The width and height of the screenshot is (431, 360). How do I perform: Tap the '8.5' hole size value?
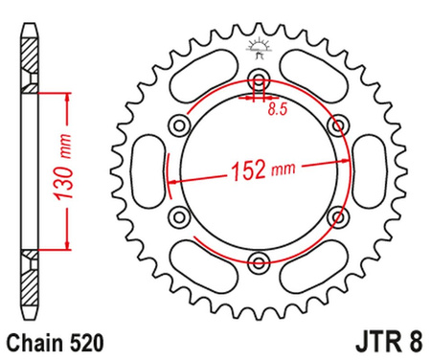276,111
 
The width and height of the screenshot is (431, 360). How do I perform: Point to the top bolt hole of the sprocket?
258,79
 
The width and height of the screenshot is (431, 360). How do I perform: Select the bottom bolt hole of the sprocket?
258,261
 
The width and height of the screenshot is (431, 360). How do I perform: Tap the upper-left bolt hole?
179,124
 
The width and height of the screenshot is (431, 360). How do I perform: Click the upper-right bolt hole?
336,124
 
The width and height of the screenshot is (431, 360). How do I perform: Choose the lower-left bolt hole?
179,216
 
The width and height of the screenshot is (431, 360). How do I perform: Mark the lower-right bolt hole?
336,216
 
